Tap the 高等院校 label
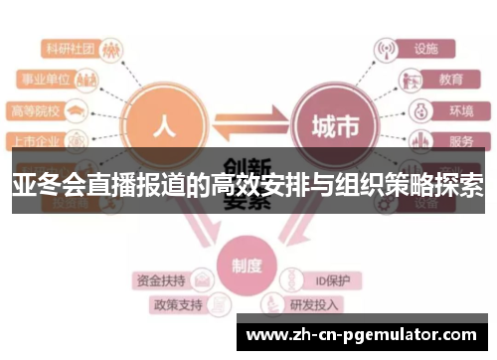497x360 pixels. pos(34,109)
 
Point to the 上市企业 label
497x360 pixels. pos(34,141)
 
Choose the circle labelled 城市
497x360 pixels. pos(331,126)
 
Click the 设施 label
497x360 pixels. pos(426,47)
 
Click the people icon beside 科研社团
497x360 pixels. pos(112,47)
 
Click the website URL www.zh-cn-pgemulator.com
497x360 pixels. pos(365,335)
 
